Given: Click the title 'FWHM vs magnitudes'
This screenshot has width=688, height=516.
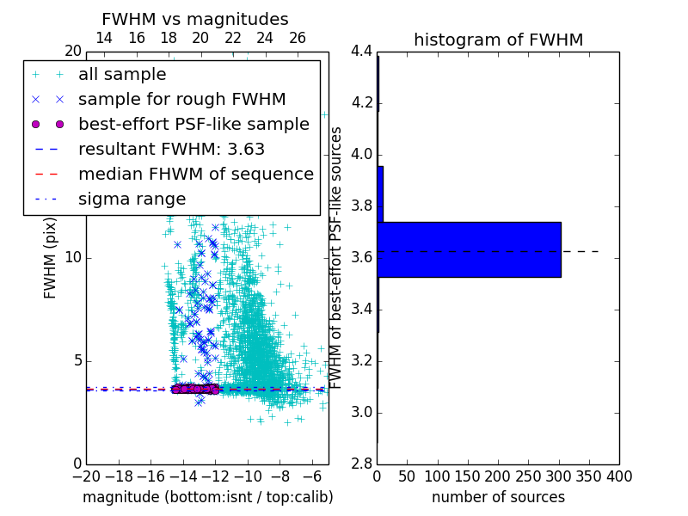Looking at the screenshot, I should pyautogui.click(x=195, y=19).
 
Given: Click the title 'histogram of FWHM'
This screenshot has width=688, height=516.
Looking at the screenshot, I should pyautogui.click(x=498, y=40).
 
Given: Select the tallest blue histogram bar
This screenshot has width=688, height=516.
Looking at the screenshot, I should pyautogui.click(x=469, y=249).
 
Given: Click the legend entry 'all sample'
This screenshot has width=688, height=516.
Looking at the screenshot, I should pyautogui.click(x=122, y=75).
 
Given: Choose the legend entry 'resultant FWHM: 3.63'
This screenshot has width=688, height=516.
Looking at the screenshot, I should pyautogui.click(x=171, y=149).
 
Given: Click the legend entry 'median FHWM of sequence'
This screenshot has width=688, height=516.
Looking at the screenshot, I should pyautogui.click(x=195, y=174).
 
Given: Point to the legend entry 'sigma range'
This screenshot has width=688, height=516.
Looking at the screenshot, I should pyautogui.click(x=132, y=199).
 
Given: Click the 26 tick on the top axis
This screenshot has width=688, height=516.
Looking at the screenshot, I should pyautogui.click(x=298, y=38).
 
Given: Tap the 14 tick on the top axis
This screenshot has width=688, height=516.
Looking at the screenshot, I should pyautogui.click(x=104, y=38).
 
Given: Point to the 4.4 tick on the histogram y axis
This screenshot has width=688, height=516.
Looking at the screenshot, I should pyautogui.click(x=361, y=52).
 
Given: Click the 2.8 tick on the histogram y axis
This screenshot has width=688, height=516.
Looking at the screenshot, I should pyautogui.click(x=361, y=464).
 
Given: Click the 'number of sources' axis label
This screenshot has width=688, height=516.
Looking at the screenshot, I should pyautogui.click(x=498, y=497).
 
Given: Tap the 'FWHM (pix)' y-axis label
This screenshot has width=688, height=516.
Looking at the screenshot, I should pyautogui.click(x=51, y=257).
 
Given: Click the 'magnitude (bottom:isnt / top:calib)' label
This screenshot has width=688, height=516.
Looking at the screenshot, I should pyautogui.click(x=207, y=497).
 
